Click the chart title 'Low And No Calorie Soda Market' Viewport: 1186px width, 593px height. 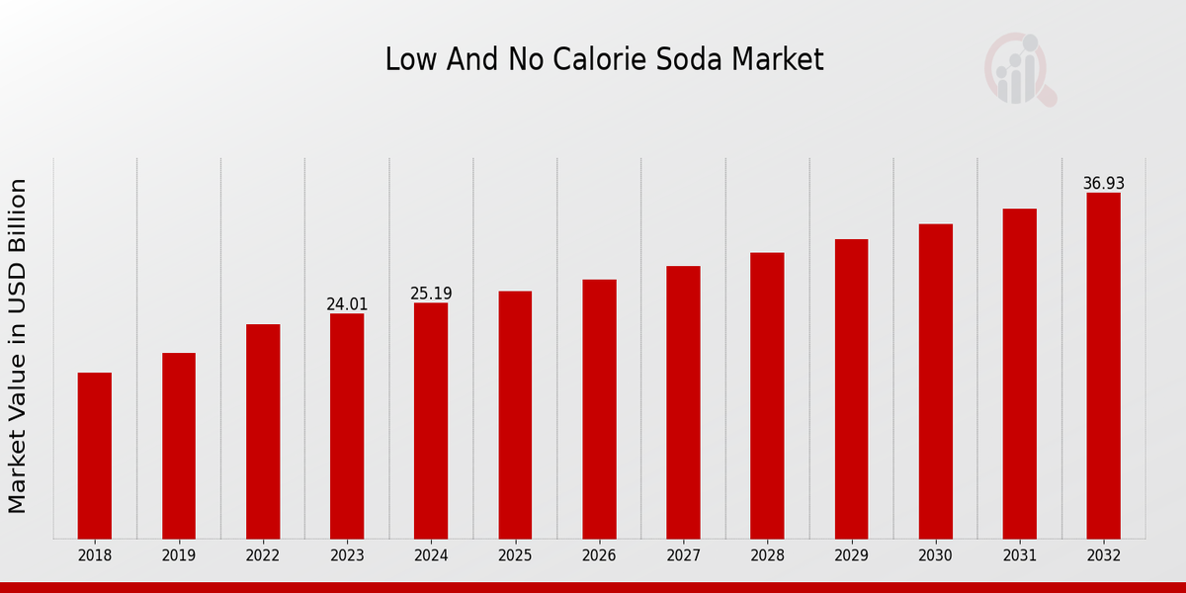click(x=604, y=59)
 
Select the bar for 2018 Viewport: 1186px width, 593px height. click(x=95, y=456)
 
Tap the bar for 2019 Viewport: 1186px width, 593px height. click(x=179, y=446)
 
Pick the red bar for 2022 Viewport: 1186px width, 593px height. click(x=263, y=431)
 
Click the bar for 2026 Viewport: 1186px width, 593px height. click(x=599, y=409)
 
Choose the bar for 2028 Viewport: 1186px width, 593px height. click(x=767, y=395)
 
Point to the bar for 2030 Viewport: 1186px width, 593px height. click(x=935, y=381)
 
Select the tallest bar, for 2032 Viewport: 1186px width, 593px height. click(x=1103, y=366)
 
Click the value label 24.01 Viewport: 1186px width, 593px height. click(x=347, y=304)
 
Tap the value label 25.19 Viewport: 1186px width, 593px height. click(x=431, y=294)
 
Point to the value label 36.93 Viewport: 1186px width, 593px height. click(x=1103, y=184)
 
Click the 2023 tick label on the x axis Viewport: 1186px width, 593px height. click(x=347, y=555)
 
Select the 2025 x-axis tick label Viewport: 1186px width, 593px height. click(x=515, y=555)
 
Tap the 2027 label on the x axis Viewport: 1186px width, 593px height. click(x=683, y=555)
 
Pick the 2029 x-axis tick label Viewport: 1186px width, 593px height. click(x=851, y=555)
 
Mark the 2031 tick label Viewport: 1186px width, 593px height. click(x=1019, y=555)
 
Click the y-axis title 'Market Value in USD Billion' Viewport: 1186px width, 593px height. click(x=18, y=346)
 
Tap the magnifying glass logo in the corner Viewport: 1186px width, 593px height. click(x=1020, y=69)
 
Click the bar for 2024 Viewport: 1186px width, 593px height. click(x=431, y=420)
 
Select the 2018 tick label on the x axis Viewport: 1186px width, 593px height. click(x=95, y=555)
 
